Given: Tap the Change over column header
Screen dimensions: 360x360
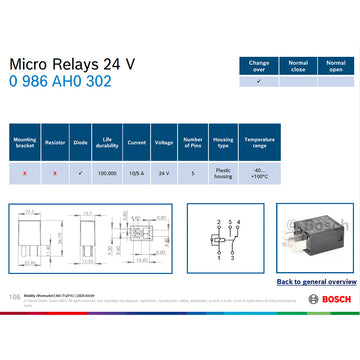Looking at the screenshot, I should [x=259, y=65].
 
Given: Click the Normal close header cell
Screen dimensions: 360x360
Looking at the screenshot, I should [x=297, y=65].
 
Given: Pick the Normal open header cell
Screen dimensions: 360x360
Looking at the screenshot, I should [x=335, y=65].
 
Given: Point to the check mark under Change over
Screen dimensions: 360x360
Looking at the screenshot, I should [x=259, y=81].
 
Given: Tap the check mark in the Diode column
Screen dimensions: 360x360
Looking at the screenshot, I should [x=80, y=173].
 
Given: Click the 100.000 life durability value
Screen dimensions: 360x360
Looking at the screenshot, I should [x=107, y=173].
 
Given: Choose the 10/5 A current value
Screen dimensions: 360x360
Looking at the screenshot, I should [x=136, y=173].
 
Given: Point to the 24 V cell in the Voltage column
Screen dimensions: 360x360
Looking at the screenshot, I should [x=164, y=173].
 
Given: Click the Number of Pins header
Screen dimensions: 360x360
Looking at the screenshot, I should [x=194, y=143].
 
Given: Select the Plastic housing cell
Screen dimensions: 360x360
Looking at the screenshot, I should [x=225, y=173].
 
